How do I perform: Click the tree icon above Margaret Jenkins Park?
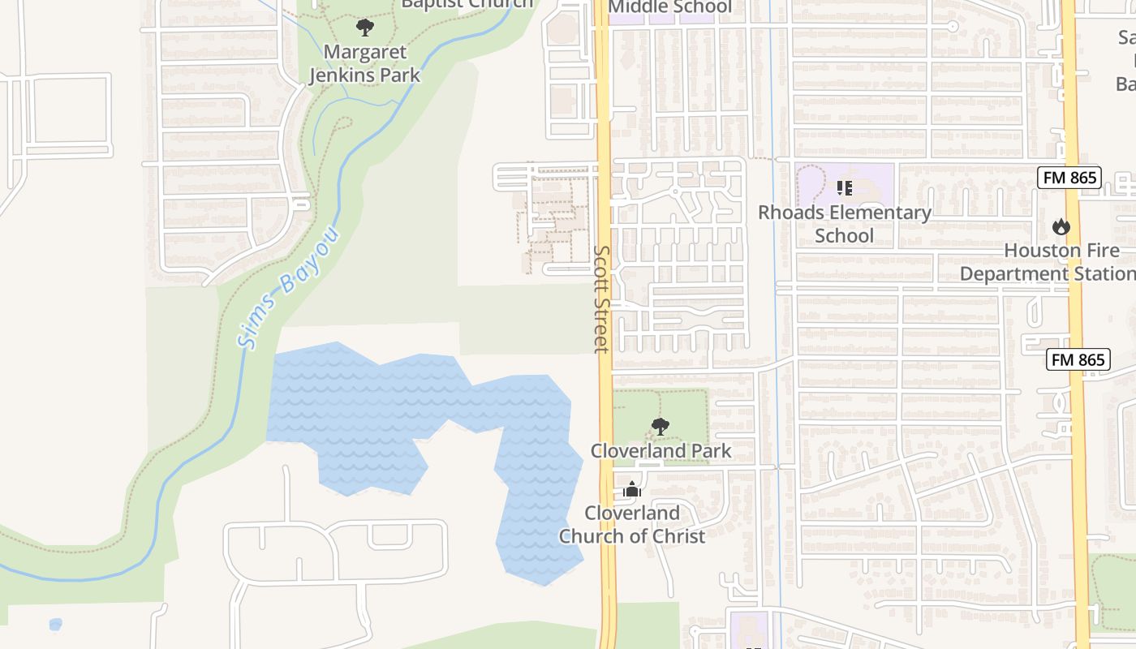(x=365, y=28)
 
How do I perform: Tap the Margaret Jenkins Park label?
(x=364, y=64)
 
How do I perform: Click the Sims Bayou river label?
(x=289, y=288)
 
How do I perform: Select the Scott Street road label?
(x=601, y=299)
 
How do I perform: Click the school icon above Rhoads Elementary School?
(x=844, y=188)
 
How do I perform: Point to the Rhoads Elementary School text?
(x=844, y=224)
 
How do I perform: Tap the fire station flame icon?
(x=1061, y=226)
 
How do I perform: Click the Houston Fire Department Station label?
(x=1047, y=262)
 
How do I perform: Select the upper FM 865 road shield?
(x=1069, y=178)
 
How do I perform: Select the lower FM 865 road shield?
(x=1078, y=359)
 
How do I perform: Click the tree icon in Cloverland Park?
(x=661, y=426)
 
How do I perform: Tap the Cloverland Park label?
(x=661, y=451)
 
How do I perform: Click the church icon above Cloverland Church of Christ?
(x=632, y=489)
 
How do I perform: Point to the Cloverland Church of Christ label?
(x=632, y=525)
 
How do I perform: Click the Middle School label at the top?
(x=669, y=7)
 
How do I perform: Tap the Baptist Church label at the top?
(x=467, y=4)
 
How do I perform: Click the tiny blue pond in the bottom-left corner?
(x=55, y=624)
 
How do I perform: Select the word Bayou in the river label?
(x=309, y=261)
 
